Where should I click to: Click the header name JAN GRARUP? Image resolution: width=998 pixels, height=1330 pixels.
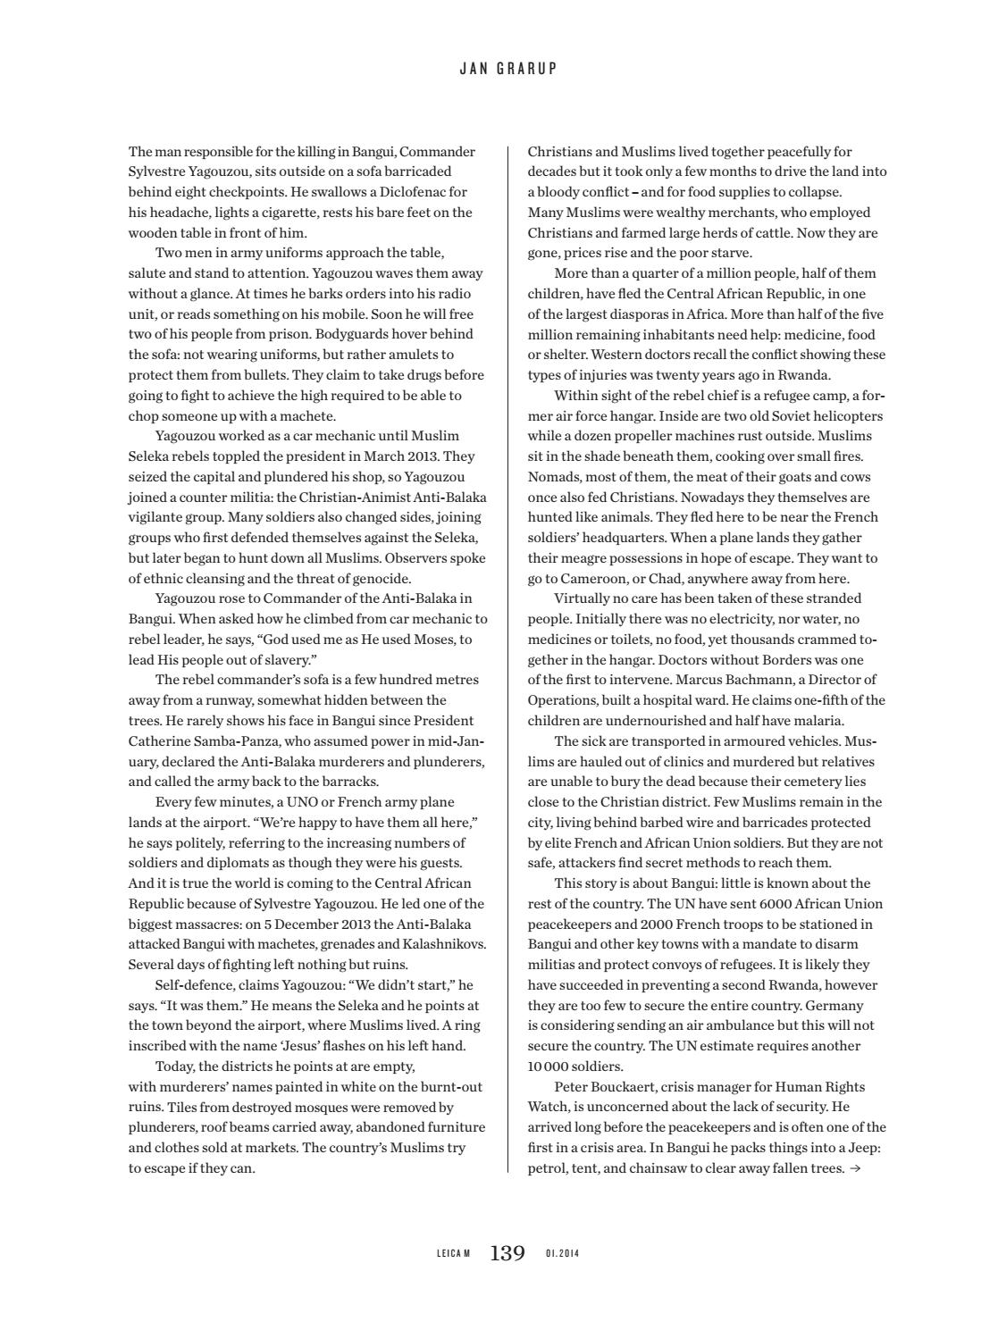click(x=507, y=69)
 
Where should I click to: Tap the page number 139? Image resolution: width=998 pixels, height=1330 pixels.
click(x=507, y=1253)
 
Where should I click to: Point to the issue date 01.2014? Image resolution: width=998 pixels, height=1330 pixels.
click(x=562, y=1254)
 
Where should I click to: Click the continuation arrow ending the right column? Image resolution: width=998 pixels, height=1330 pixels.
click(x=856, y=1168)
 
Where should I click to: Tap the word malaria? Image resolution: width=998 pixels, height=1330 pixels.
click(x=820, y=721)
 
